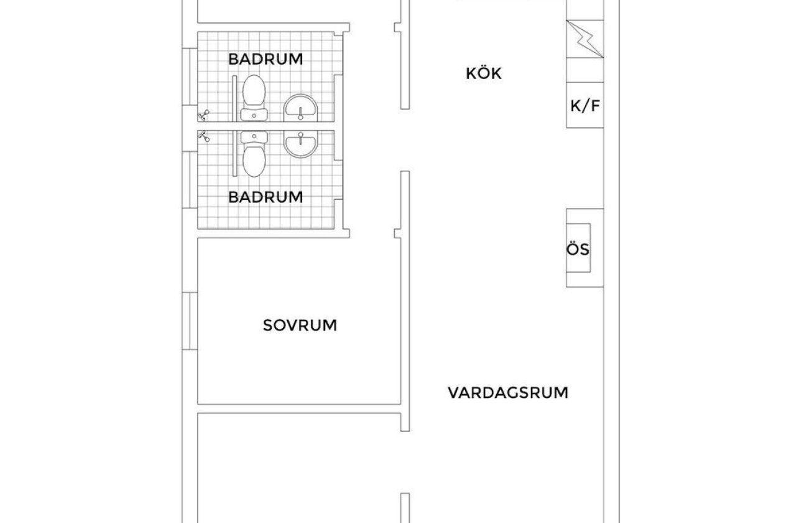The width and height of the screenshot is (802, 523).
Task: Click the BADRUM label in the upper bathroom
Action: coord(265,59)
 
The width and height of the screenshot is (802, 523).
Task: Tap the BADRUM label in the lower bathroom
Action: coord(265,197)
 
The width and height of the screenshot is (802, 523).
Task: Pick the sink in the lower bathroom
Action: coord(301,143)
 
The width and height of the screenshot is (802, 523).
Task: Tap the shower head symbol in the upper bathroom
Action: coord(203,115)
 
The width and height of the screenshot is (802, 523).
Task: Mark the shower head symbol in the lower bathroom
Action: coord(203,136)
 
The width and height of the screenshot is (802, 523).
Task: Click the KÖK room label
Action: coord(484,73)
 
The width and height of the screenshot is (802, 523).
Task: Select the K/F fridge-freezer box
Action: coord(585,105)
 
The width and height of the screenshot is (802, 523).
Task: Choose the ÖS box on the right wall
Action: coord(578,249)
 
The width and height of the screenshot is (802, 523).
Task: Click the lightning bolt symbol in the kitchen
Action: coord(585,39)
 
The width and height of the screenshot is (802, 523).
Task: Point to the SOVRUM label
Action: coord(300,325)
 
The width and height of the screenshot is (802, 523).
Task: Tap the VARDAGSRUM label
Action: coord(508,393)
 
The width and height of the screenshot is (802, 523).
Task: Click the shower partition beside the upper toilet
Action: coord(235,98)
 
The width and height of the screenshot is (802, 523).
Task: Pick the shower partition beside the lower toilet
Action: coord(235,154)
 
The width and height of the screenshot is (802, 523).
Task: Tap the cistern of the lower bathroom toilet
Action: coord(253,136)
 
